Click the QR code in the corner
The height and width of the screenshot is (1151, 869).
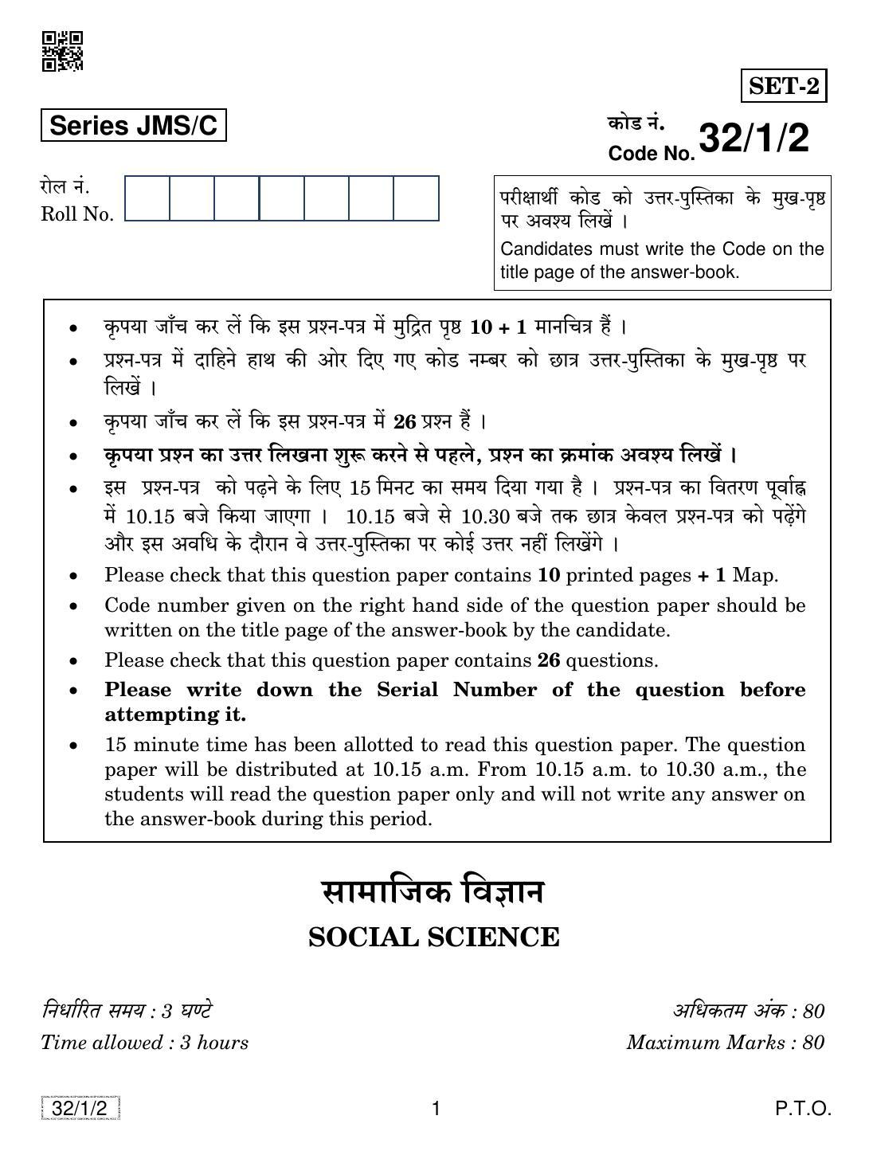pos(62,51)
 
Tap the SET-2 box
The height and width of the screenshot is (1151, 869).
pos(784,86)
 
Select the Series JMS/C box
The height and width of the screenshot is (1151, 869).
pos(134,126)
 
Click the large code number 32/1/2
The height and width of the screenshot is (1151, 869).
pos(754,139)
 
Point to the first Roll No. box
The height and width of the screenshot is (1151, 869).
pos(147,198)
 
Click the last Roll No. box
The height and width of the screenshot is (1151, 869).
pos(416,198)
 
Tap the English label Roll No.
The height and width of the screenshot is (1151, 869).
pos(77,214)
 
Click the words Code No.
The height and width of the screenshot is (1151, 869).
pos(651,154)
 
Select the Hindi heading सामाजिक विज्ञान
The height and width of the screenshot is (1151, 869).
pos(433,891)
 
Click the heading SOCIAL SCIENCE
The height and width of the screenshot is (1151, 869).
pos(434,938)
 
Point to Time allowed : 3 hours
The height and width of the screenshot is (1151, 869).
pos(144,1043)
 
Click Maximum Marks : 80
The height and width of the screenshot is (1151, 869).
pos(725,1043)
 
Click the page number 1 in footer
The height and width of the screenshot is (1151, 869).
pos(435,1109)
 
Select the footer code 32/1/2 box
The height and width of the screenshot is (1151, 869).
pos(80,1109)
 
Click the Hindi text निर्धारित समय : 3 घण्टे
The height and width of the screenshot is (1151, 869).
pos(127,1012)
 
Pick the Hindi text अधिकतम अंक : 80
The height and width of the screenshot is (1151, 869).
pos(748,1012)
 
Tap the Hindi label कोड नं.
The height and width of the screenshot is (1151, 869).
pos(636,123)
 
